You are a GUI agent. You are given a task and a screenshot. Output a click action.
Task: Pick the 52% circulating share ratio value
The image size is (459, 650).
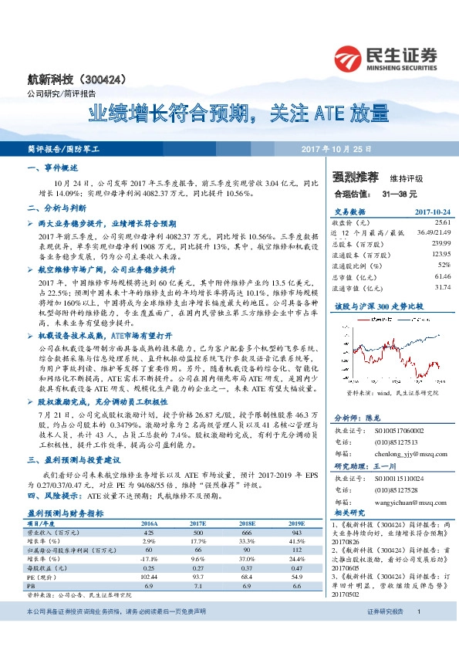point(444,264)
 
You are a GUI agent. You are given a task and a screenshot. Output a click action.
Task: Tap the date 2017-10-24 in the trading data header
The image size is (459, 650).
point(432,210)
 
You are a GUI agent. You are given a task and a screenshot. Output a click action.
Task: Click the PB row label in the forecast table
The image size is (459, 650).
point(32,587)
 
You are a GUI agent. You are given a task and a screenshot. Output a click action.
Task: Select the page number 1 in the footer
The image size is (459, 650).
point(418,633)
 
